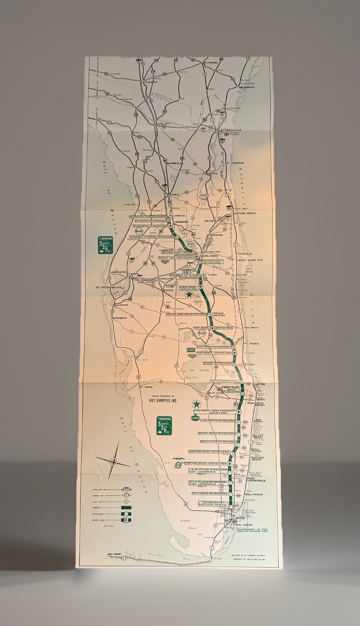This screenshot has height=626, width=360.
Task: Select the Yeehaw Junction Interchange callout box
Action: click(x=187, y=314)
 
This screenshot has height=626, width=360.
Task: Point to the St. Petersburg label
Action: click(x=109, y=288)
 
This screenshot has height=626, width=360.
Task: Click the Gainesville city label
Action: click(x=174, y=163)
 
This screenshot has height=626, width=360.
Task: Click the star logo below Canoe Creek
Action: click(x=189, y=296)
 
